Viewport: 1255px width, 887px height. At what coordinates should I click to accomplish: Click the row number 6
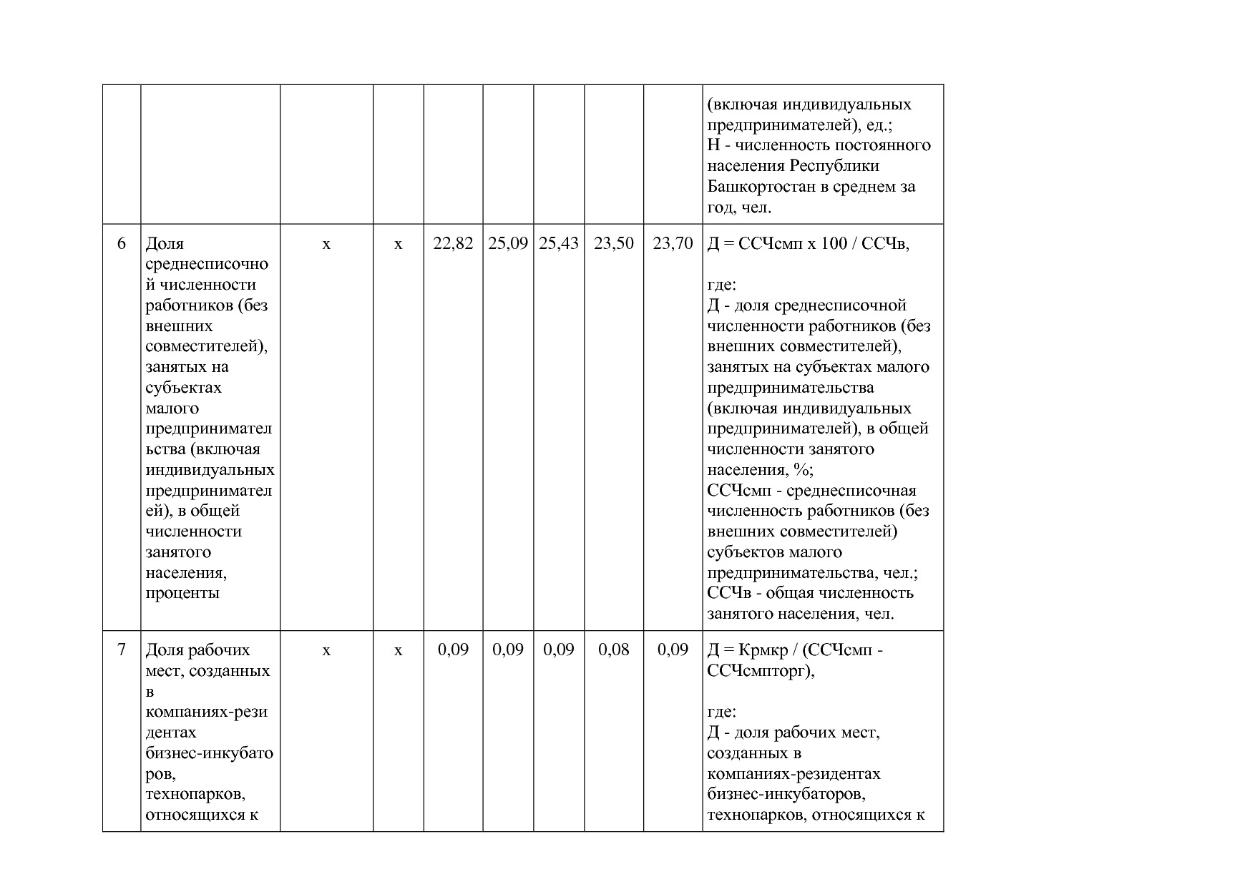tap(122, 244)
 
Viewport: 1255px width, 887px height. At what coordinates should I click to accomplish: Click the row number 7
tap(122, 650)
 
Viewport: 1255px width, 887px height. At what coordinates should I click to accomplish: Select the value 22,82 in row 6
tap(453, 244)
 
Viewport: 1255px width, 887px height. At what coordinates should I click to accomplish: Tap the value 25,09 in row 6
tap(508, 244)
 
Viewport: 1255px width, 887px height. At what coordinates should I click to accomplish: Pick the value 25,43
tap(559, 244)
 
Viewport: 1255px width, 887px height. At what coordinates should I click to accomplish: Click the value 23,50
tap(614, 244)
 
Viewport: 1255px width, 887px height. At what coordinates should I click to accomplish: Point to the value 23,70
tap(673, 244)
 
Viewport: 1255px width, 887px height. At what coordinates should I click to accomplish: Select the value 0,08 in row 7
tap(614, 650)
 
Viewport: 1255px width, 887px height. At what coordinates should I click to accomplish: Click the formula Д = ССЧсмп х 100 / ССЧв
tap(808, 244)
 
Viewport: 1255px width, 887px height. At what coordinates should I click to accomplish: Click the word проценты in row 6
tap(182, 593)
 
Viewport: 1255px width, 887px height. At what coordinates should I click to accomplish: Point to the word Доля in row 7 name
tap(164, 650)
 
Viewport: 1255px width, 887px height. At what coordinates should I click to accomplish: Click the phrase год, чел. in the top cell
tap(739, 207)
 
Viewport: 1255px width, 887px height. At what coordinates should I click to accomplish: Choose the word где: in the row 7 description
tap(721, 712)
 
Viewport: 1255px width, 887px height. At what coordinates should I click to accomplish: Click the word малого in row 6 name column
tap(172, 408)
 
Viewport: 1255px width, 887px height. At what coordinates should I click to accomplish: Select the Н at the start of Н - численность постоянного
tap(713, 145)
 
